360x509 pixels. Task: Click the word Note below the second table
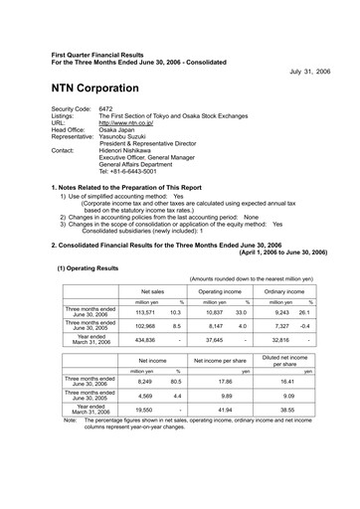(x=70, y=421)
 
